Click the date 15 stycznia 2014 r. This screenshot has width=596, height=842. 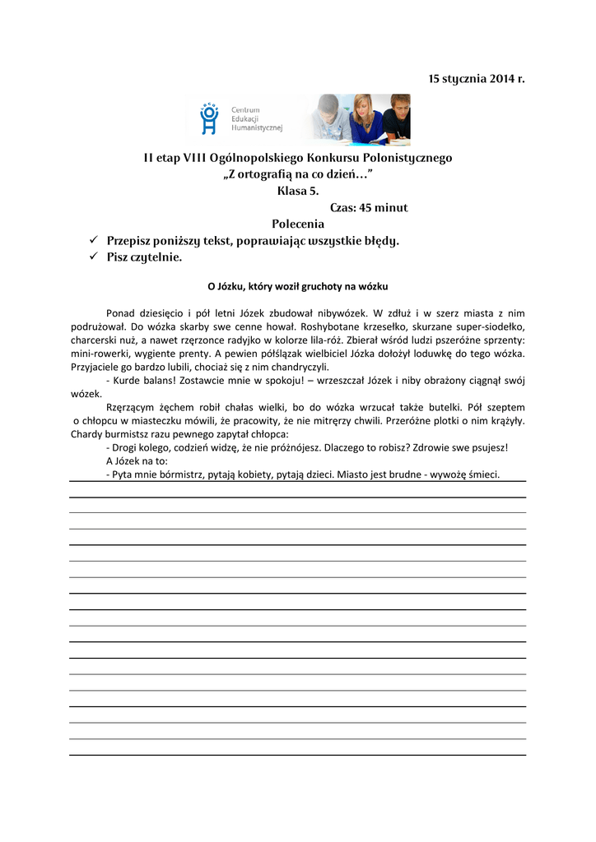[x=476, y=79]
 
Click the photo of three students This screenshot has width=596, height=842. [x=360, y=119]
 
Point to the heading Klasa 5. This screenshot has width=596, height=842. [x=298, y=191]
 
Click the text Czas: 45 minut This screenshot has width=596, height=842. [x=369, y=208]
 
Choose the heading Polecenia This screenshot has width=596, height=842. [x=298, y=224]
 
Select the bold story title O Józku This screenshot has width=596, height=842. [x=297, y=287]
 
